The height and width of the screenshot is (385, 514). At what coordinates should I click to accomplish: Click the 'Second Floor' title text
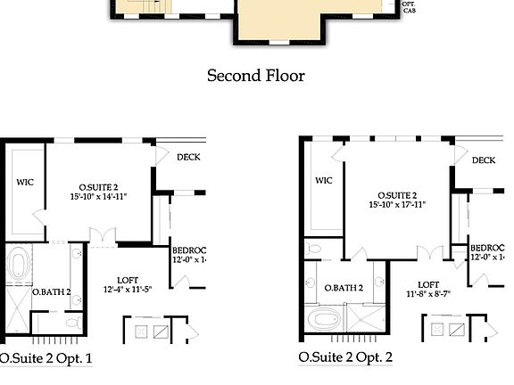(x=255, y=76)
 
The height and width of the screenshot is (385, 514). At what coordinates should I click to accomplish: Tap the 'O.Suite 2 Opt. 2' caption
(x=345, y=358)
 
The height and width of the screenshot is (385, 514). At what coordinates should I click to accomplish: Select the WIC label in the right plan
(x=323, y=180)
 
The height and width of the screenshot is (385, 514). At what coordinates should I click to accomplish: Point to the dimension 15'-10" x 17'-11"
(x=395, y=204)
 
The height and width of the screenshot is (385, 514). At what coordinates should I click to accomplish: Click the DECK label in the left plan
(x=188, y=158)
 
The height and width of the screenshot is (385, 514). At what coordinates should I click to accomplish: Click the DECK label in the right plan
(x=484, y=160)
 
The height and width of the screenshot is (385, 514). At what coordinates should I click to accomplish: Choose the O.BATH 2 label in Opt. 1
(x=51, y=292)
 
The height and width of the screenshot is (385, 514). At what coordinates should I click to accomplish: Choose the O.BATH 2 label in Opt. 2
(x=344, y=288)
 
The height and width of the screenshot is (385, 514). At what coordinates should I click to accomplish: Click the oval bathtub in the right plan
(x=323, y=317)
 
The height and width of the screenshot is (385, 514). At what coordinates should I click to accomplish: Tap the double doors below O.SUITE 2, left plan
(x=103, y=237)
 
